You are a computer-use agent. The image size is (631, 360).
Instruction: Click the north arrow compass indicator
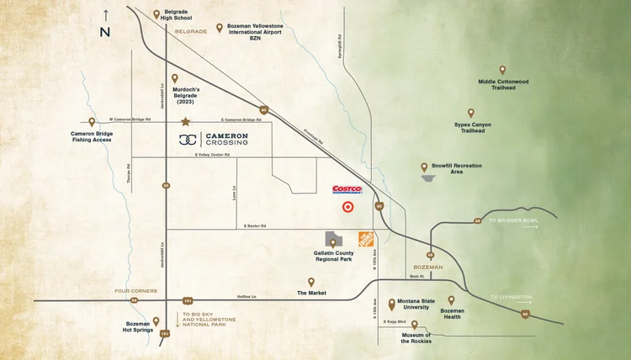click(x=105, y=23)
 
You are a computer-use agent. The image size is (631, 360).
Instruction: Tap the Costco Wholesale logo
click(x=347, y=189)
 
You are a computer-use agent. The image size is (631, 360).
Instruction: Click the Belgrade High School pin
click(x=156, y=13)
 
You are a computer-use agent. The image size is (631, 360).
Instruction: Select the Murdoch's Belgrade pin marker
click(x=175, y=78)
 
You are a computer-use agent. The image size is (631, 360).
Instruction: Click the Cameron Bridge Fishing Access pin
click(x=92, y=122)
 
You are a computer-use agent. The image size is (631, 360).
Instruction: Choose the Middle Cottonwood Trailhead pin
click(x=502, y=71)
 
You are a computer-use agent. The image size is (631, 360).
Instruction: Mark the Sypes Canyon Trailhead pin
click(x=471, y=113)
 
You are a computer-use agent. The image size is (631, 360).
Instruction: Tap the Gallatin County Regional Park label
click(x=334, y=257)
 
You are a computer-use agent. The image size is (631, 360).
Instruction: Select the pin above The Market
click(x=311, y=282)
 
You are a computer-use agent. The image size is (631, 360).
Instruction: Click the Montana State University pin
click(x=391, y=304)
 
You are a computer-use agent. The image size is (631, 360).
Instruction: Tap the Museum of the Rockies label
click(x=414, y=337)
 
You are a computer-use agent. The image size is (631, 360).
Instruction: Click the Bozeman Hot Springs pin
click(x=156, y=320)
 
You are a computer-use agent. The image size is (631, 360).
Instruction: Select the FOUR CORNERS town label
click(x=135, y=290)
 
